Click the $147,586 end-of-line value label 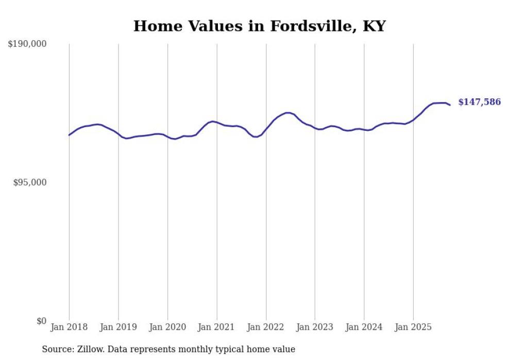(479, 102)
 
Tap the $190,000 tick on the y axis (27, 44)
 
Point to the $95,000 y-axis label (29, 182)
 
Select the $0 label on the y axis (41, 321)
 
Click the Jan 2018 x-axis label (69, 327)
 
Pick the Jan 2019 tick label (119, 327)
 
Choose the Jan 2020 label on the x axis (167, 327)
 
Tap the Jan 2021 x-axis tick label (217, 327)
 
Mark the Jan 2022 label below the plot (266, 327)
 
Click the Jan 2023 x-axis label (315, 327)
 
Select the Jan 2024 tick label (364, 327)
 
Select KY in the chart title (374, 26)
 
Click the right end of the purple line (450, 105)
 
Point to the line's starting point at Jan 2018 (69, 135)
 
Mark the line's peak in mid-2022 (289, 112)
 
